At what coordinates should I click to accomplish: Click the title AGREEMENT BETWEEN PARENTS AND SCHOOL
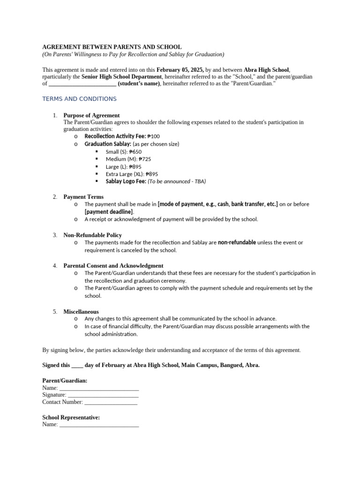[x=112, y=47]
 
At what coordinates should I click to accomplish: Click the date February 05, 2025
[x=180, y=69]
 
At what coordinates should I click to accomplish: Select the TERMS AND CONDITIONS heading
[x=79, y=99]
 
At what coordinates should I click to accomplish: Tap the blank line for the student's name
[x=82, y=84]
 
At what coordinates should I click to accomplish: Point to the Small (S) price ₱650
[x=135, y=152]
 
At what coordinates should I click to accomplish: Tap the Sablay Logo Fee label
[x=126, y=181]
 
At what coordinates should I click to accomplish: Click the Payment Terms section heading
[x=83, y=197]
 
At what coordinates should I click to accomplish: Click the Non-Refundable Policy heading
[x=92, y=235]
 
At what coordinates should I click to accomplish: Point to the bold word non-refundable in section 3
[x=237, y=242]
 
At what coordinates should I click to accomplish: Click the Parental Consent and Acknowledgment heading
[x=113, y=265]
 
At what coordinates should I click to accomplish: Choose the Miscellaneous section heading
[x=81, y=311]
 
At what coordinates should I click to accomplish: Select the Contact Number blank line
[x=111, y=402]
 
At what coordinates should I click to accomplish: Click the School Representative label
[x=71, y=417]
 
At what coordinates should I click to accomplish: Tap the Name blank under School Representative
[x=99, y=425]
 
